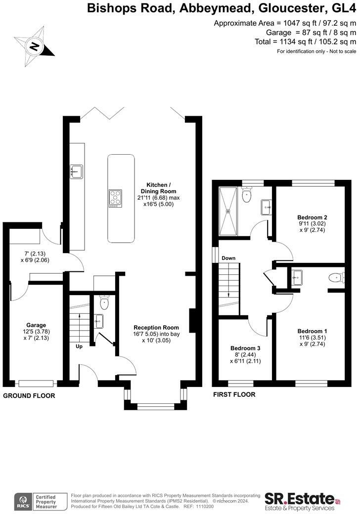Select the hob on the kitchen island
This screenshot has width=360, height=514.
pyautogui.click(x=116, y=197)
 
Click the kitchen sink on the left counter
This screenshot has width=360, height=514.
pyautogui.click(x=77, y=171)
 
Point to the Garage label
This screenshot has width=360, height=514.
pyautogui.click(x=36, y=325)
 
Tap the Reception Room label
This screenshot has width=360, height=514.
pyautogui.click(x=156, y=327)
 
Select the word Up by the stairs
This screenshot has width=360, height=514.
pyautogui.click(x=79, y=346)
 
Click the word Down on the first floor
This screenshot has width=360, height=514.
pyautogui.click(x=228, y=258)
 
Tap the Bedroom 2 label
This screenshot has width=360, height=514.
pyautogui.click(x=312, y=217)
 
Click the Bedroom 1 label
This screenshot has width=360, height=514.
pyautogui.click(x=312, y=331)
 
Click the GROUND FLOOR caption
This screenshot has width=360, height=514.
pyautogui.click(x=29, y=396)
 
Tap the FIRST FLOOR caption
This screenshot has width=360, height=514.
pyautogui.click(x=234, y=394)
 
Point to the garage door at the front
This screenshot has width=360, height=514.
pyautogui.click(x=36, y=383)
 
